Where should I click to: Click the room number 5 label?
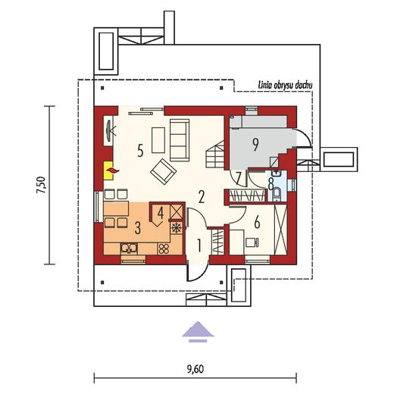coord(140,150)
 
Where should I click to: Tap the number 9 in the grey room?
coord(255,145)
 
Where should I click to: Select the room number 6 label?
coord(257,223)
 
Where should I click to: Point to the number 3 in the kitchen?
coord(137,227)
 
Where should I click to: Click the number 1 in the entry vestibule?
coord(199,245)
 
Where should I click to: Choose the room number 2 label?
coord(202,197)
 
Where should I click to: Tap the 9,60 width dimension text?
coord(195,370)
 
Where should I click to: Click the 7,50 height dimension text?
coord(41,185)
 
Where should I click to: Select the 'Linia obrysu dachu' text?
coord(285,85)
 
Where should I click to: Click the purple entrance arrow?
coord(198,332)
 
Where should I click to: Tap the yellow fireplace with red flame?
coord(108,170)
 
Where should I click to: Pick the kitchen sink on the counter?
coord(129,249)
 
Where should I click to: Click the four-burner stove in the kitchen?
coord(164,249)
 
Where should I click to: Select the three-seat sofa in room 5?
coord(180,140)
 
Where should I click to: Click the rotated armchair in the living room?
coord(163,171)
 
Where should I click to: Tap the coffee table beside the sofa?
coord(158,140)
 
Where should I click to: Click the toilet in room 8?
coord(276,194)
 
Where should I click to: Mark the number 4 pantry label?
coord(161,213)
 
